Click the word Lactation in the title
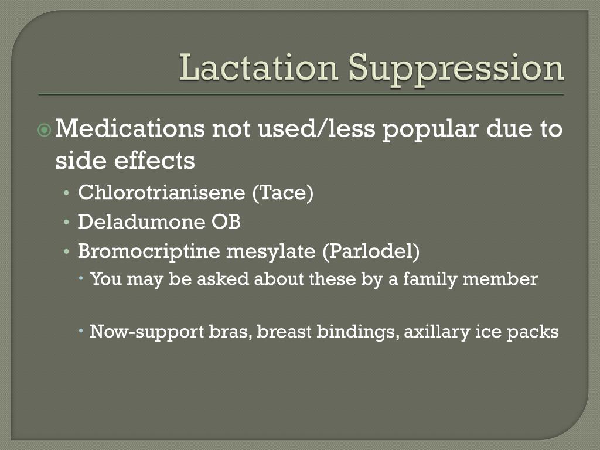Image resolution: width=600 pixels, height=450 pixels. [258, 68]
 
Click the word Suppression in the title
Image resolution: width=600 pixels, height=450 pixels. [456, 69]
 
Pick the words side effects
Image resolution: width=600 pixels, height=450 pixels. [125, 160]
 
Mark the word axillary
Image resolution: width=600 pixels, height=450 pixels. [432, 332]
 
